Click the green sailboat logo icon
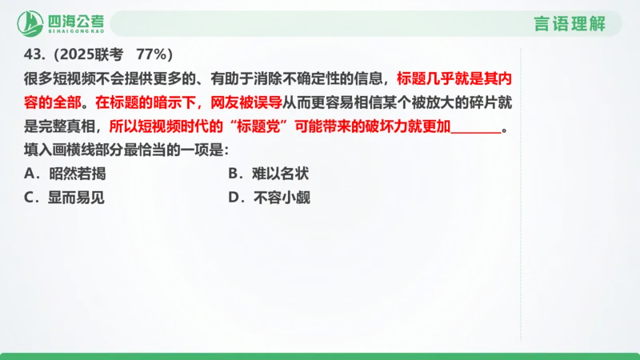point(31,23)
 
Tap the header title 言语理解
point(570,23)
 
